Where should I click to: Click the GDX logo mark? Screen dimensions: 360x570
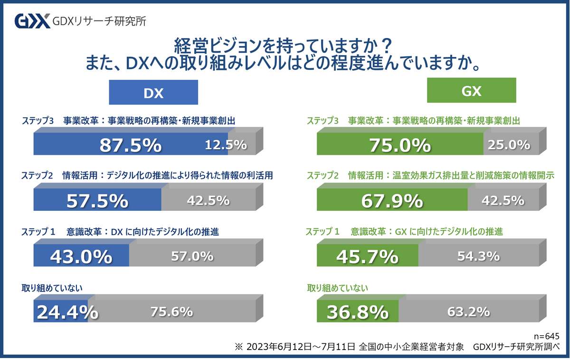(x=32, y=21)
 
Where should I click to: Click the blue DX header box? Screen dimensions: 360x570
(x=153, y=92)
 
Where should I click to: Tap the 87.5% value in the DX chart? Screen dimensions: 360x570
(x=130, y=145)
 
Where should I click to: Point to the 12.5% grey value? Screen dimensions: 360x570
(x=226, y=145)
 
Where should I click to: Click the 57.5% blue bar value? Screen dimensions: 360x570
(x=97, y=201)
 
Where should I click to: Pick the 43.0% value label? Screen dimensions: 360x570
(x=81, y=256)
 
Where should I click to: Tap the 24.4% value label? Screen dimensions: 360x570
(x=67, y=312)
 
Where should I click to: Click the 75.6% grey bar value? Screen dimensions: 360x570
(x=171, y=312)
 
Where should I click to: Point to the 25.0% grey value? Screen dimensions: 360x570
(x=509, y=145)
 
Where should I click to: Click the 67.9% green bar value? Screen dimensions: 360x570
(x=392, y=201)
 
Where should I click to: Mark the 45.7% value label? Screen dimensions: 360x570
(x=367, y=256)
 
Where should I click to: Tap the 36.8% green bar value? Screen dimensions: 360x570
(x=357, y=312)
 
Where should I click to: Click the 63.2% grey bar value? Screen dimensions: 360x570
(x=468, y=312)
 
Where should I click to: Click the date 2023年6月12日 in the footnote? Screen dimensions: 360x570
(x=276, y=347)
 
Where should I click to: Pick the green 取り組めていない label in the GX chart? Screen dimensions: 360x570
(x=338, y=288)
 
